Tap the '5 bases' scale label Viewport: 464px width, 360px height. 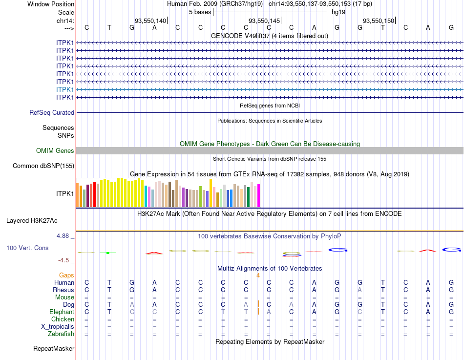200,12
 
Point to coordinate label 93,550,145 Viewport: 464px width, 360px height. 264,21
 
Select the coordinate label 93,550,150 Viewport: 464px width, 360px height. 379,21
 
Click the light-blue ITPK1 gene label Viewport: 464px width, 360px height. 65,89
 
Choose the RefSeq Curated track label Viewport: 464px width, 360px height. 52,112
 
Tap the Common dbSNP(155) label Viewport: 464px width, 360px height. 43,166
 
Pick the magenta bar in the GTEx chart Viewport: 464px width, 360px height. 259,195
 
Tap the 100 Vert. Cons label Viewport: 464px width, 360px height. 27,248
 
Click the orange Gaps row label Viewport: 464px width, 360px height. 66,275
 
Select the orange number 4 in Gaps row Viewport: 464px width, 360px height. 257,275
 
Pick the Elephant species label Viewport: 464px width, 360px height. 62,312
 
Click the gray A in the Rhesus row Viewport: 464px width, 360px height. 360,290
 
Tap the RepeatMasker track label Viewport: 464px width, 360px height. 54,349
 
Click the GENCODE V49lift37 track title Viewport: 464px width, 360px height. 269,36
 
